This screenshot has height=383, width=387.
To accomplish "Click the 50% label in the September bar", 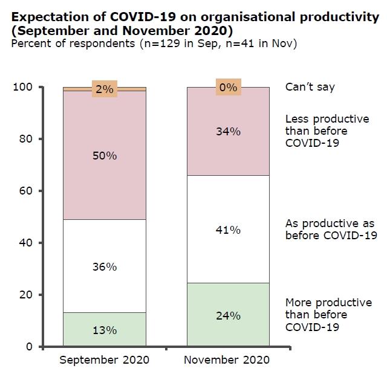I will click(105, 155).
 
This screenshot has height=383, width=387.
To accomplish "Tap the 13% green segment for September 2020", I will click(105, 330).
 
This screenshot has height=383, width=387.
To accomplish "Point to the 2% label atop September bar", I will click(105, 89).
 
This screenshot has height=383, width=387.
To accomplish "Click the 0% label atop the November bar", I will click(228, 88).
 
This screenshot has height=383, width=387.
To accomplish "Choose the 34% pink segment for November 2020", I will click(228, 131).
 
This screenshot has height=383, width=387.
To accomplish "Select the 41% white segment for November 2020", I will click(228, 230).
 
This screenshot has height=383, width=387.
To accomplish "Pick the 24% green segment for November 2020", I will click(228, 315).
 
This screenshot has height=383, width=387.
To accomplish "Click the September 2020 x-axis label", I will click(105, 360).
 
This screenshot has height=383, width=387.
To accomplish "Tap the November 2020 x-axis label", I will click(228, 360).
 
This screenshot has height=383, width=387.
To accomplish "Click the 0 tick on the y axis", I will click(28, 347).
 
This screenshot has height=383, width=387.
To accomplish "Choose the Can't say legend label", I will click(310, 88).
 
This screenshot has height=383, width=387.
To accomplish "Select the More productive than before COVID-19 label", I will click(328, 315).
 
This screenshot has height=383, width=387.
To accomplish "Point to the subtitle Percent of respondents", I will click(154, 43).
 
